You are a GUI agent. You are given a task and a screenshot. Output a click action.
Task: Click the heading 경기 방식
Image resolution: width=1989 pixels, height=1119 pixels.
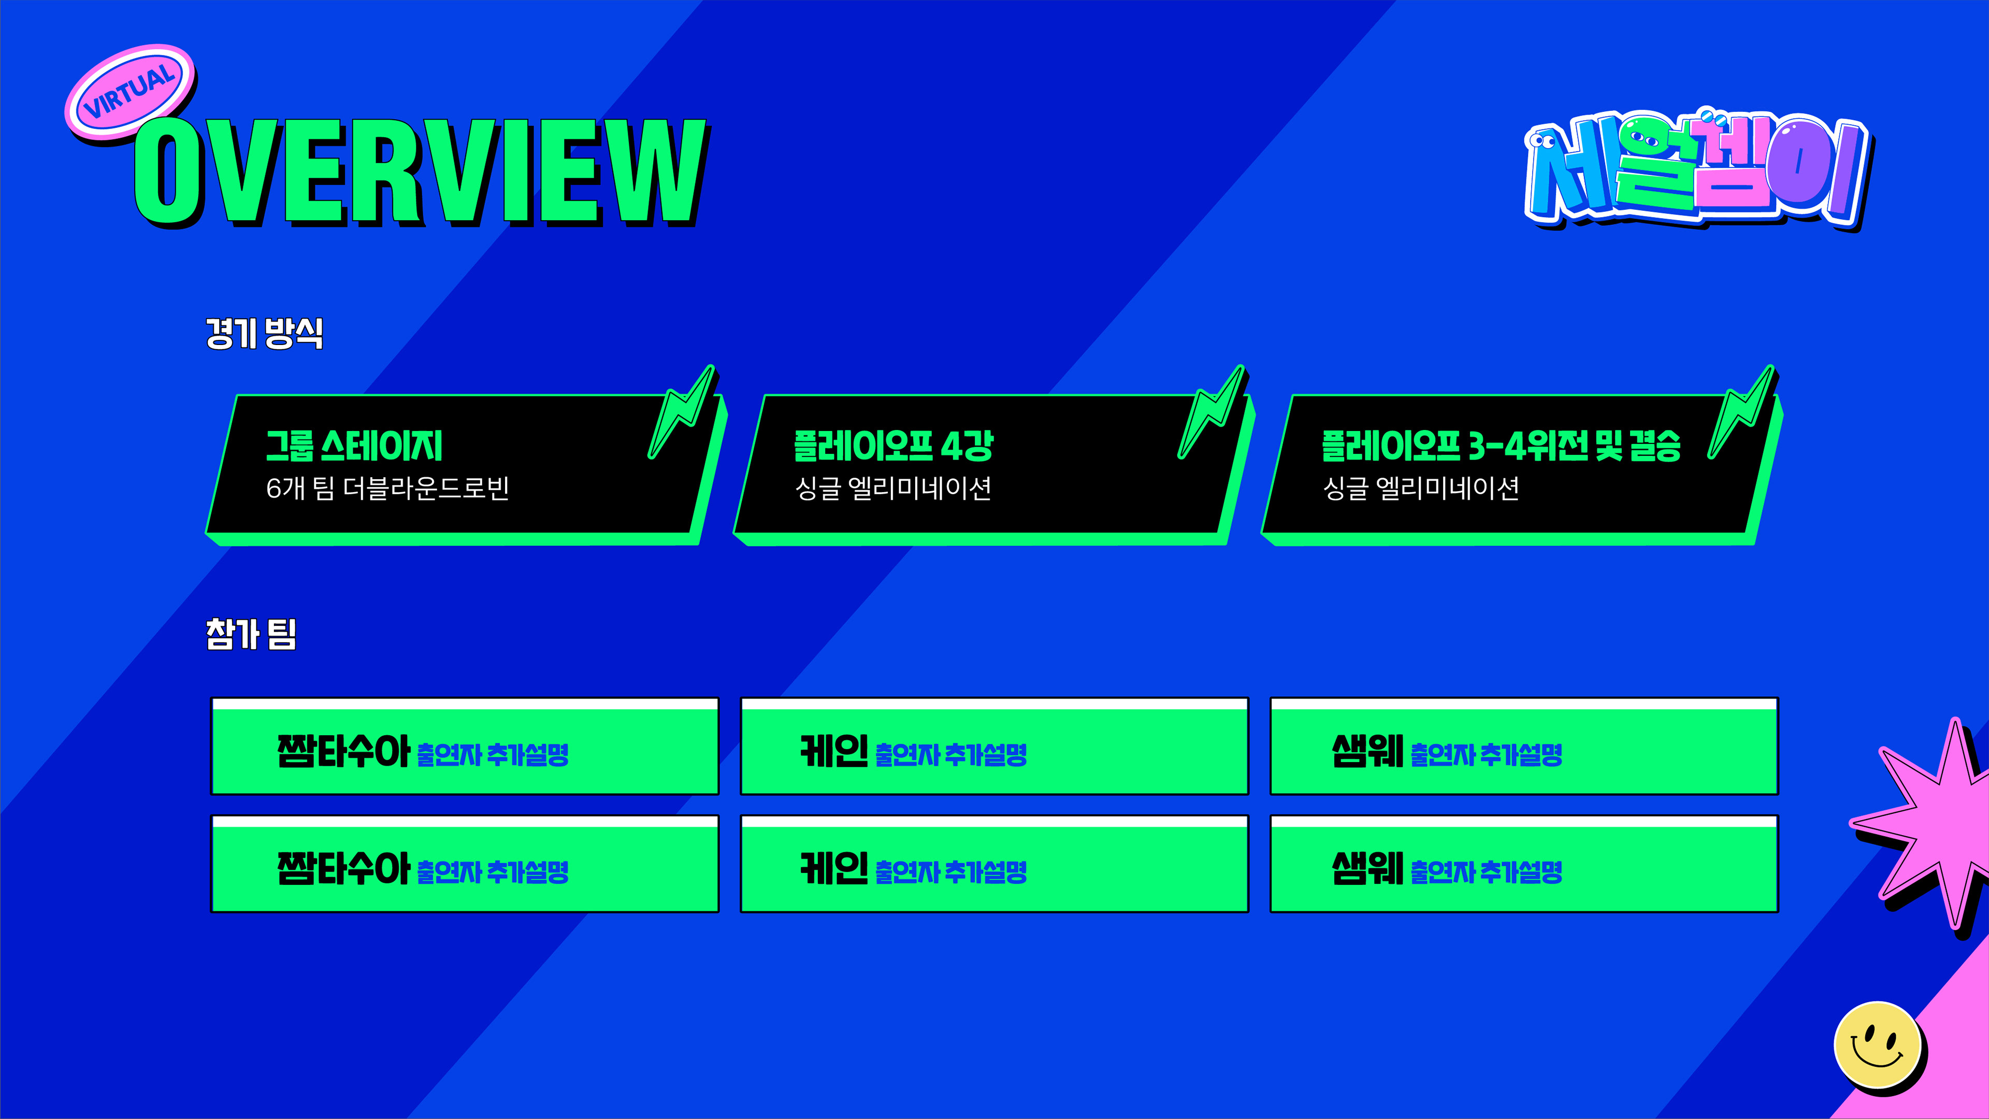264,334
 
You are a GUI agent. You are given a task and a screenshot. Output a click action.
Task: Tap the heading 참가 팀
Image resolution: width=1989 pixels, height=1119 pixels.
251,634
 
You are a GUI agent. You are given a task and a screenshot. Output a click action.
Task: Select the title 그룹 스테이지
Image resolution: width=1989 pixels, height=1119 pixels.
354,447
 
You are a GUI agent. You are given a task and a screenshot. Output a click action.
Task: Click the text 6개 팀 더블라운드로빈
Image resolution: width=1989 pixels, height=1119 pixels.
387,488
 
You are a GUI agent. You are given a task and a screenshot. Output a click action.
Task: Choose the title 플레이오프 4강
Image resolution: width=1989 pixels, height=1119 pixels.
893,447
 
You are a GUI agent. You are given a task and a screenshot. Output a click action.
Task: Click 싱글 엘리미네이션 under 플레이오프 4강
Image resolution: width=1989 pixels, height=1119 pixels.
893,488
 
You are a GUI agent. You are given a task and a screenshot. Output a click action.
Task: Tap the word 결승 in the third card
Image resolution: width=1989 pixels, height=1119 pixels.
1655,447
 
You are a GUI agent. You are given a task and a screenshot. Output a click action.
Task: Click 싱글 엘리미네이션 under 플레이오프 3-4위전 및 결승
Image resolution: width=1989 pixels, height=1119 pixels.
1421,488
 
